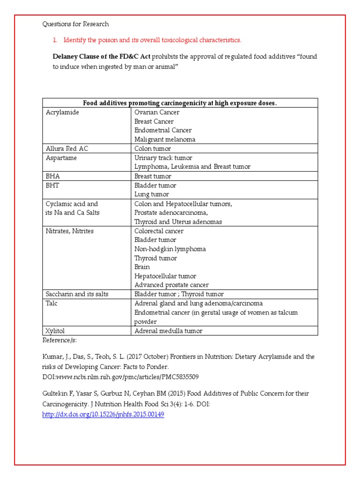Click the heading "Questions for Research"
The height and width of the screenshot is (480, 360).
75,24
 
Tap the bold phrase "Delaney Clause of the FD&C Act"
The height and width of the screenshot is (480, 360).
102,57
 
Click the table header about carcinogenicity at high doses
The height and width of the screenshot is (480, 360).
180,103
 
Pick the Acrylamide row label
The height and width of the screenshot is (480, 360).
62,112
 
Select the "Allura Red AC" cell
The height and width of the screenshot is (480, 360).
67,149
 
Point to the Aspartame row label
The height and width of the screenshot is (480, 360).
61,158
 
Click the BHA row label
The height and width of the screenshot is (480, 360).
52,176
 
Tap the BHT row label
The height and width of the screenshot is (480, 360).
52,186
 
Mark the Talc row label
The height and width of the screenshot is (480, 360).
52,303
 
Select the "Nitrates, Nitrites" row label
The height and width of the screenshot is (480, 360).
69,231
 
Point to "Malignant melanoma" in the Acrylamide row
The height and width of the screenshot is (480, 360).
165,140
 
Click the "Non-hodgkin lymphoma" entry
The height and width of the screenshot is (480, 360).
170,249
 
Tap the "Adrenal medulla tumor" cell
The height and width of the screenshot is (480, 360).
168,331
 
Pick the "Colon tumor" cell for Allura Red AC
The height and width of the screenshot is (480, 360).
153,149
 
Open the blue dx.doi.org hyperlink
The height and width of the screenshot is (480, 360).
103,415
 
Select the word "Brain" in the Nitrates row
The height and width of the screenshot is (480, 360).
142,267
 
